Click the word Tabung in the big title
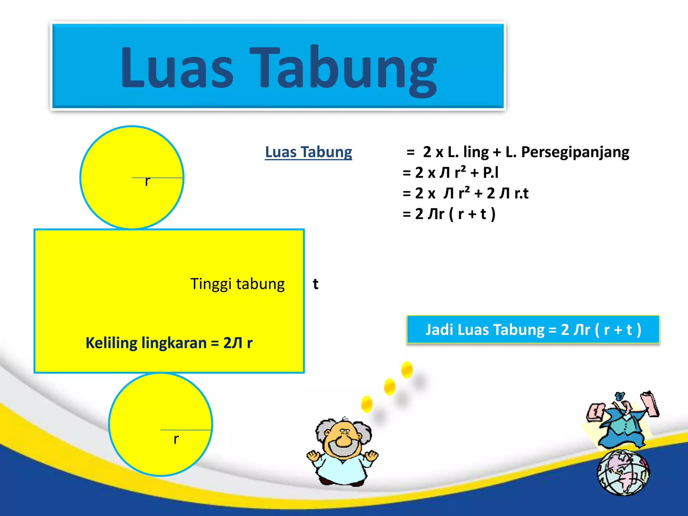(343, 69)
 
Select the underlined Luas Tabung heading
(308, 152)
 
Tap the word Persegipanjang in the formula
(575, 152)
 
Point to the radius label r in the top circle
(147, 182)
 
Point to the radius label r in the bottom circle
(176, 439)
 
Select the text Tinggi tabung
(238, 284)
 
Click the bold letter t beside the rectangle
(315, 284)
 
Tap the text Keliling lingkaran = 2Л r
(169, 343)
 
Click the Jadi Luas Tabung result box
(533, 330)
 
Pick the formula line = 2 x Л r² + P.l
(450, 173)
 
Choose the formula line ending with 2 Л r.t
(465, 193)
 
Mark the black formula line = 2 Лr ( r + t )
(449, 214)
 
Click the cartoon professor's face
(343, 438)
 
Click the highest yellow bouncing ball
(407, 369)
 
